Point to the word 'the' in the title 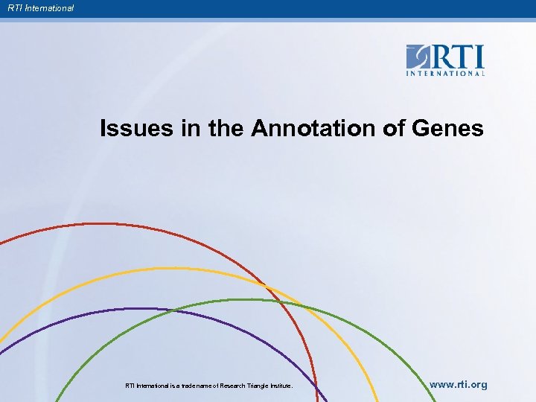tap(226, 129)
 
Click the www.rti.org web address tap(459, 385)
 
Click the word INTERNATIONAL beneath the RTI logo tap(445, 73)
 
